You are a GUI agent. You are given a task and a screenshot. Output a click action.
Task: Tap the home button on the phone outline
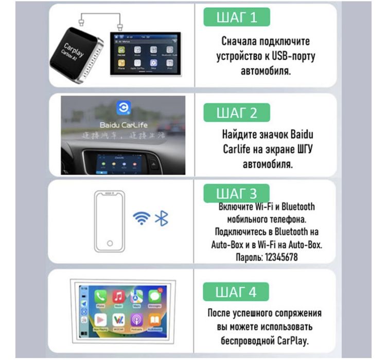pos(110,243)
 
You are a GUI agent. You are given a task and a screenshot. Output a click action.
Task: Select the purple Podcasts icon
pos(136,319)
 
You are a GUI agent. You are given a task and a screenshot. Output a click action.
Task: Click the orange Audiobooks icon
pos(154,319)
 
